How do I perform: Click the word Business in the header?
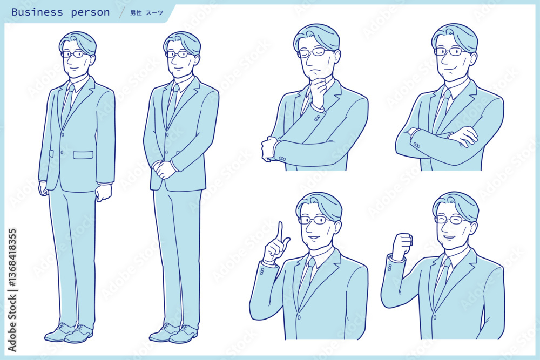pos(37,12)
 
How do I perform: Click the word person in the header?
pos(90,13)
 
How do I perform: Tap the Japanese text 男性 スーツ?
pos(146,13)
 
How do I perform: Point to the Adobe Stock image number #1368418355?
pos(12,257)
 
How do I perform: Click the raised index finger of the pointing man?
pos(280,232)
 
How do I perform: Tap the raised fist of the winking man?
pos(402,246)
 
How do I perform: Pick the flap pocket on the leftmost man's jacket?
pos(83,155)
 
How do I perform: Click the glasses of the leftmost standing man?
pos(76,54)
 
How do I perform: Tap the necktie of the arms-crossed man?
pos(442,110)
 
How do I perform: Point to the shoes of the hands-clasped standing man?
pos(173,333)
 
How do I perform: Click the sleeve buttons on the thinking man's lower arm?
pos(282,159)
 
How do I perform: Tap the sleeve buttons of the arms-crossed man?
pos(416,145)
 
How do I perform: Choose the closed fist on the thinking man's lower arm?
pos(269,148)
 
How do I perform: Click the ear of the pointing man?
pos(337,228)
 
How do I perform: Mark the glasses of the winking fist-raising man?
pos(451,220)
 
